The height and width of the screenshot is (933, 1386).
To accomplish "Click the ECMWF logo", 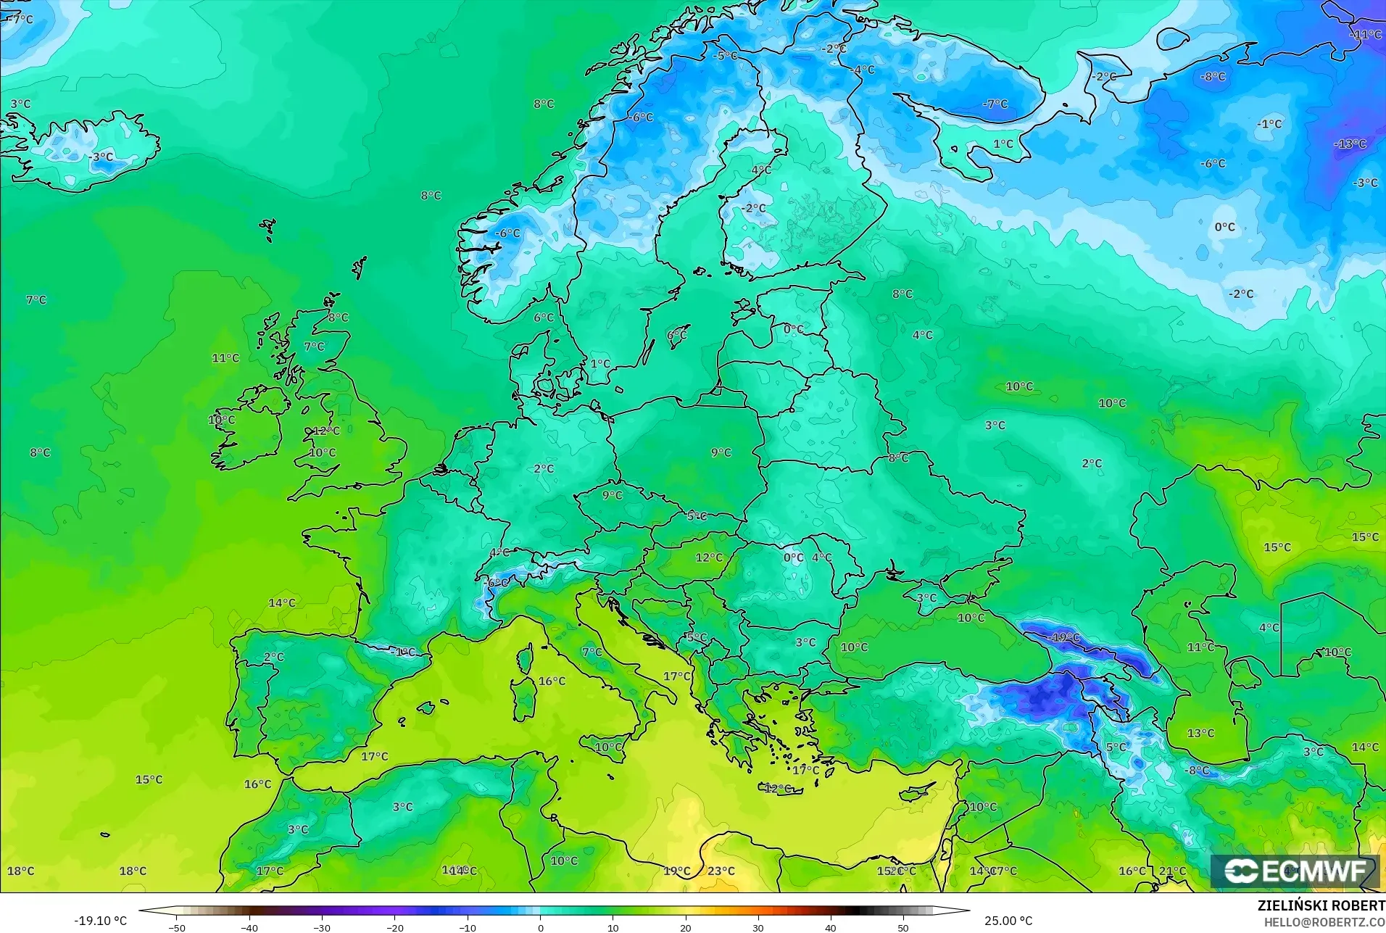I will [x=1295, y=871].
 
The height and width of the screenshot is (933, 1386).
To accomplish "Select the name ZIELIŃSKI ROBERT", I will [x=1321, y=906].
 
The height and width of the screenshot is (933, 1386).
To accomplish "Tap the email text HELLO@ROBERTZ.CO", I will [x=1324, y=922].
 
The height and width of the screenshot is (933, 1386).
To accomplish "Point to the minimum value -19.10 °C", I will [x=100, y=921].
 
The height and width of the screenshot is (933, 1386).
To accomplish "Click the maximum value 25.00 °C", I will [x=1008, y=921].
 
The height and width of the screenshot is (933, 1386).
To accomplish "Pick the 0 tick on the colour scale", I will [x=540, y=927].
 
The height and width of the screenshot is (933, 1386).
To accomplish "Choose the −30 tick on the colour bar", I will [x=322, y=927].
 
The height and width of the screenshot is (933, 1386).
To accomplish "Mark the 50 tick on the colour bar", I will [x=902, y=927].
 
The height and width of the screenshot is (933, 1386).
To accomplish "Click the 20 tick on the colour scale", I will [x=685, y=927].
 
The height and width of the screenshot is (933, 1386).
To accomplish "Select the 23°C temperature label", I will [x=721, y=871].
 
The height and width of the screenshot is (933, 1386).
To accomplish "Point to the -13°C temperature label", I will [x=1349, y=144].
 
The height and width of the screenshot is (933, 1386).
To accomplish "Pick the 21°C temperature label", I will [x=1172, y=871].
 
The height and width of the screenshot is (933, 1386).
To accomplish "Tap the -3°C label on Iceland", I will [x=101, y=157].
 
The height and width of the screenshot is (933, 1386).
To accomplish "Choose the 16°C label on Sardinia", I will [x=552, y=681].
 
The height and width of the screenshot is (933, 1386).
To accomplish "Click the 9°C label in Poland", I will [x=721, y=452].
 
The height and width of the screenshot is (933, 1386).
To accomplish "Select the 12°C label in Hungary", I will [x=708, y=557].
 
